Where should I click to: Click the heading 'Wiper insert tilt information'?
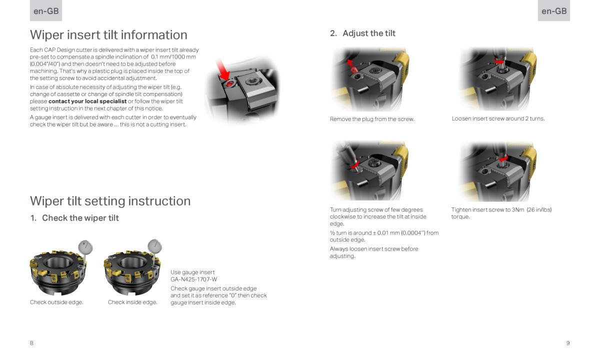[x=108, y=35]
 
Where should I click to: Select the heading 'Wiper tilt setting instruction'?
[x=110, y=201]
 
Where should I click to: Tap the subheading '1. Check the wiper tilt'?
[x=74, y=218]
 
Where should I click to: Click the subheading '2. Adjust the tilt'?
[x=362, y=33]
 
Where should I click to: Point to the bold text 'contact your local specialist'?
[x=87, y=101]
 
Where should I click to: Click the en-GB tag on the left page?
[x=46, y=11]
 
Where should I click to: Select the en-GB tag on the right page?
[x=554, y=11]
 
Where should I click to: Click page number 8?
[x=32, y=343]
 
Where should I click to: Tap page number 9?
[x=568, y=343]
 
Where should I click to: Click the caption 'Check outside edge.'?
[x=56, y=302]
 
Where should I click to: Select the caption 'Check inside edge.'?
[x=132, y=302]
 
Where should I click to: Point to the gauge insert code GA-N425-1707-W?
[x=194, y=279]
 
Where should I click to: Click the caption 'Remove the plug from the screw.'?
[x=372, y=119]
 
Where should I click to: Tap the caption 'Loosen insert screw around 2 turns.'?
[x=498, y=119]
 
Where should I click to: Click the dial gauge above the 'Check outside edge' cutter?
[x=86, y=246]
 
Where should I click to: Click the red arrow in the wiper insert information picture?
[x=222, y=70]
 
